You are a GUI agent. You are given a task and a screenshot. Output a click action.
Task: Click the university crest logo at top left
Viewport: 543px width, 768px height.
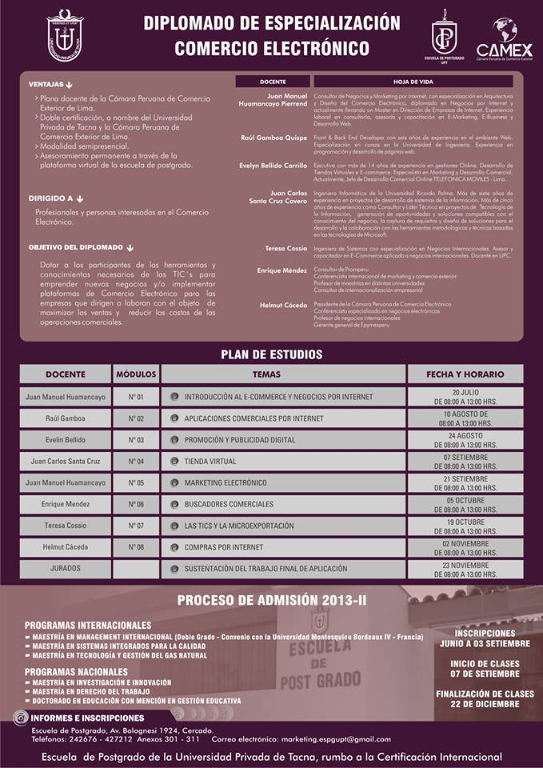pos(65,34)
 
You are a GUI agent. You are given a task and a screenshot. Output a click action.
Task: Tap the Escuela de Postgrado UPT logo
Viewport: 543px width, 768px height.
pos(444,35)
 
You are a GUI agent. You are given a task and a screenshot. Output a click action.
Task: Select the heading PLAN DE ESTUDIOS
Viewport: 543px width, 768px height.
pos(271,354)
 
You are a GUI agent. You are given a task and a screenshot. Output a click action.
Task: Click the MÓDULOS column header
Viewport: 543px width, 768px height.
pos(136,374)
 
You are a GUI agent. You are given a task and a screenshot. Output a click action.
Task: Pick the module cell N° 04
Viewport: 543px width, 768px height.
pos(136,462)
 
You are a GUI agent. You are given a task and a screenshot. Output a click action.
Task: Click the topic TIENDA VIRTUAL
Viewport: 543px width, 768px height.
pos(210,462)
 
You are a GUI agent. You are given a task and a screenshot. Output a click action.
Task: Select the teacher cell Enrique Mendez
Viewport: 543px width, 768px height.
pos(65,505)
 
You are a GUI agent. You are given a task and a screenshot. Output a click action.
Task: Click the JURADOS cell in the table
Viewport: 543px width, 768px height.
pos(65,568)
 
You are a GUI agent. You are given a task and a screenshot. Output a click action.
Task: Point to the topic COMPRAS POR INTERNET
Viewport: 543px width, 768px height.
pos(224,547)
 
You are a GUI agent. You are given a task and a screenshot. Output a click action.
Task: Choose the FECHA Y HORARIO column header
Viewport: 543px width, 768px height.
pos(465,374)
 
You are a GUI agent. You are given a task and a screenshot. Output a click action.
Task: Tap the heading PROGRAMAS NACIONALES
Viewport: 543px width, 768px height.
pos(76,672)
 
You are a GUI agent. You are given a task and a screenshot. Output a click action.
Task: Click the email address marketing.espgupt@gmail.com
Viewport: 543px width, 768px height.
pos(324,738)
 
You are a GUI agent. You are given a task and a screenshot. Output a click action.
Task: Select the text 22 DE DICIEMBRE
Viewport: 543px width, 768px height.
pos(485,704)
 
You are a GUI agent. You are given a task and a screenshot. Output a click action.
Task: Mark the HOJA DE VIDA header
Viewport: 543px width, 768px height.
pos(413,82)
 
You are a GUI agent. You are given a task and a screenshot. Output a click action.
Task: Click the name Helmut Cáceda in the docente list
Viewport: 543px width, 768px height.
pos(283,305)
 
